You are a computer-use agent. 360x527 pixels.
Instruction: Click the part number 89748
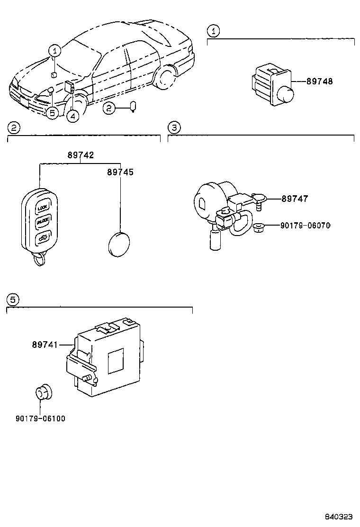[x=319, y=82]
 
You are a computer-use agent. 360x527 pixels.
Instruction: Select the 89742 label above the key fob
[x=80, y=155]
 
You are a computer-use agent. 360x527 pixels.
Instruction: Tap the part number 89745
[x=120, y=173]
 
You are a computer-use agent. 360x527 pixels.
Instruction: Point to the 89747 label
[x=295, y=199]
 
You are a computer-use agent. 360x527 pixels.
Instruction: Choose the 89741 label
[x=45, y=345]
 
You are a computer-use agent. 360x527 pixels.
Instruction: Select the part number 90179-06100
[x=40, y=418]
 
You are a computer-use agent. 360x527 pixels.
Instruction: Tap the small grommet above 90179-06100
[x=44, y=393]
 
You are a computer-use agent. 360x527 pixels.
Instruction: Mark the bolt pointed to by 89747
[x=258, y=201]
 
